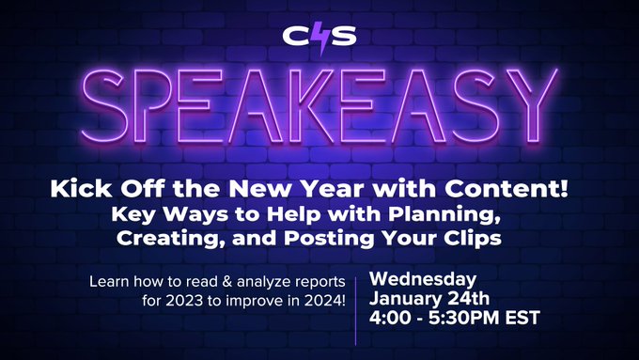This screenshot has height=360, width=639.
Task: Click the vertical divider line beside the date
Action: tap(355, 300)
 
